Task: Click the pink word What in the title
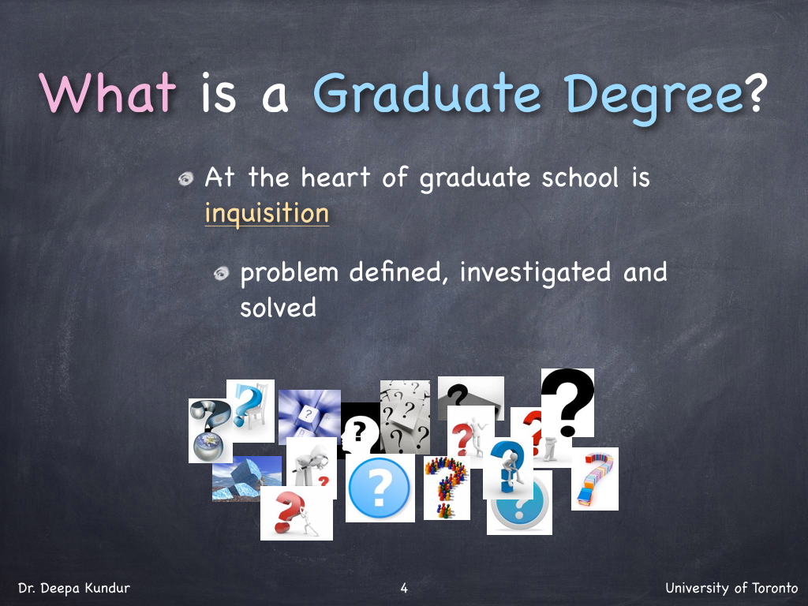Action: click(x=107, y=93)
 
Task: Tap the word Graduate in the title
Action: click(x=427, y=93)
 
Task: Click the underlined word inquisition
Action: click(x=267, y=213)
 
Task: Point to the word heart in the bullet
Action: click(x=335, y=178)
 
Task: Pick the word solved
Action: click(x=278, y=308)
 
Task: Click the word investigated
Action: click(x=536, y=273)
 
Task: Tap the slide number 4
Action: click(x=404, y=588)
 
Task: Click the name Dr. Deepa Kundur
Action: click(x=73, y=588)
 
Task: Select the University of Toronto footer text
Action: click(x=731, y=588)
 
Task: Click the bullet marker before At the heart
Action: click(x=185, y=179)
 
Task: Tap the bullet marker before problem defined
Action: click(x=221, y=274)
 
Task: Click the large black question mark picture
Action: click(x=567, y=402)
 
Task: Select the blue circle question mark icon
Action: click(x=380, y=488)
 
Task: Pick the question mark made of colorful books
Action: click(x=595, y=479)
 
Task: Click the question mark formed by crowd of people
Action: click(x=447, y=488)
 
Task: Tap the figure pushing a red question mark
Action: click(x=297, y=513)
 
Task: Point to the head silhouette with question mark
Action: click(x=360, y=431)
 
